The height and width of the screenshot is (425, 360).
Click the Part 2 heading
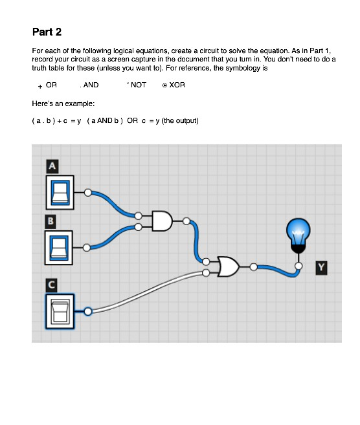(47, 32)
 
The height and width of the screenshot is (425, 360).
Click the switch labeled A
(59, 192)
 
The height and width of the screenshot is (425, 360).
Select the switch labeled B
(59, 247)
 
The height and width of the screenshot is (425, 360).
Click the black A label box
(51, 166)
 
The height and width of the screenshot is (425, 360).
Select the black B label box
(50, 221)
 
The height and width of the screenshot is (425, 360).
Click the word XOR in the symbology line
(177, 85)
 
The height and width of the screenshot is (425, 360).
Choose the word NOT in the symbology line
(139, 85)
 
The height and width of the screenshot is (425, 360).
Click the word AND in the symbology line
(91, 85)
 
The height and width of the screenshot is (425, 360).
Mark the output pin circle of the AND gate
(186, 221)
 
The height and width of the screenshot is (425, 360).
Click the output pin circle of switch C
(87, 311)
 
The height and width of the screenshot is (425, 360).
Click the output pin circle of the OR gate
(253, 267)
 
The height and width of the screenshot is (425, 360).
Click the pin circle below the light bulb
(298, 266)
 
